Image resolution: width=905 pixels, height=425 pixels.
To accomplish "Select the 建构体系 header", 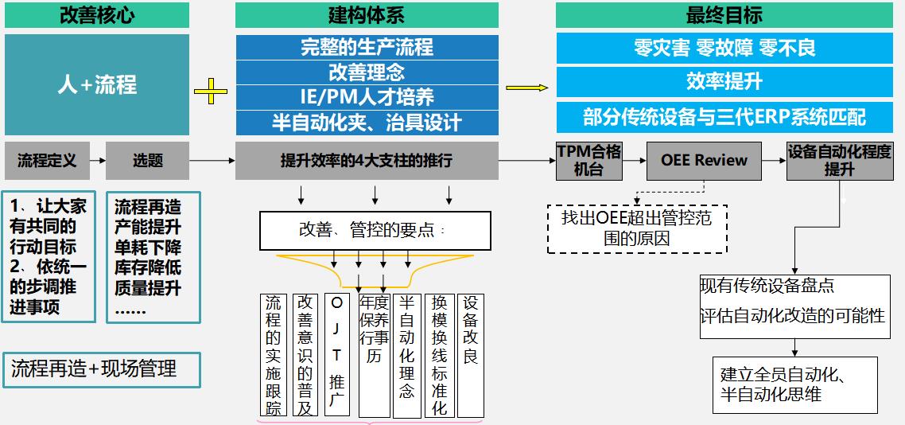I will point(367,15).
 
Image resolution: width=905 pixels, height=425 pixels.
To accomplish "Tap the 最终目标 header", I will point(723,15).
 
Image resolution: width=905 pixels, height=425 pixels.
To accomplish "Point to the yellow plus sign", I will point(211,92).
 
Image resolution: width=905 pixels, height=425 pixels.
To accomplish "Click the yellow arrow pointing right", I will point(527,88).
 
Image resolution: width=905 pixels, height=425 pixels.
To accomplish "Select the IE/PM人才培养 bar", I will point(367,97).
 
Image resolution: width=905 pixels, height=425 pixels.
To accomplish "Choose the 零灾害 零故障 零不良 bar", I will point(723,48).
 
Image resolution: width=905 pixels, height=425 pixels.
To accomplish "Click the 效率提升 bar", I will point(723,82).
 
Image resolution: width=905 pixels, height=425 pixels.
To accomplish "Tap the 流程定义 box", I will point(47,161).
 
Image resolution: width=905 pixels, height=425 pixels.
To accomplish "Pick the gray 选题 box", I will point(147,161).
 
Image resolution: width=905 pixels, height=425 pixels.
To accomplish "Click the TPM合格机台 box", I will point(588,161).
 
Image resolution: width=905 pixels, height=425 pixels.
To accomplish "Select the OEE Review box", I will point(704,161).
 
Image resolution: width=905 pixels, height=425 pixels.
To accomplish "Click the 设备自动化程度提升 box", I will point(840,161).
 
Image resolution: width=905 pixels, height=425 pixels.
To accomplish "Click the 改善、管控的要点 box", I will point(371,231).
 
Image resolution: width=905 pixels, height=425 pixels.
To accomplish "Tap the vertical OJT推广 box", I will point(336,355).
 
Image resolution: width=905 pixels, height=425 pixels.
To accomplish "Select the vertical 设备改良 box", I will point(471,355).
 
